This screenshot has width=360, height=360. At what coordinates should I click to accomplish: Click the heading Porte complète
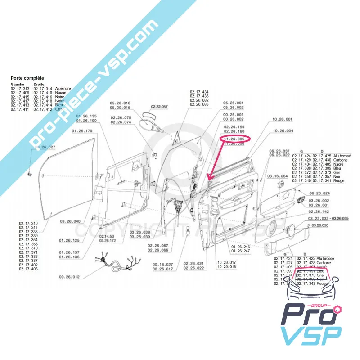[x=27, y=78]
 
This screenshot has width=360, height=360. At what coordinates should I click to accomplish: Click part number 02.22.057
[x=159, y=107]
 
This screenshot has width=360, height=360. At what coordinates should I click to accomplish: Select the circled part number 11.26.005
[x=234, y=139]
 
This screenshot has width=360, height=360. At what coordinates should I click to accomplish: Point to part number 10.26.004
[x=283, y=131]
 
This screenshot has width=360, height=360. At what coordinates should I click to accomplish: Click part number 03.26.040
[x=70, y=221]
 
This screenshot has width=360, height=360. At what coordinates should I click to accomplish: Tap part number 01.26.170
[x=82, y=131]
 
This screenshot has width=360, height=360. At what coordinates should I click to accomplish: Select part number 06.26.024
[x=319, y=193]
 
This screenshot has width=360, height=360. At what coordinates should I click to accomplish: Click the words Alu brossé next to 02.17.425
[x=342, y=156]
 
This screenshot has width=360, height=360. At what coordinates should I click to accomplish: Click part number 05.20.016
[x=120, y=103]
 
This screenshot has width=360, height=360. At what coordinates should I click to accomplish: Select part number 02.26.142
[x=319, y=211]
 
